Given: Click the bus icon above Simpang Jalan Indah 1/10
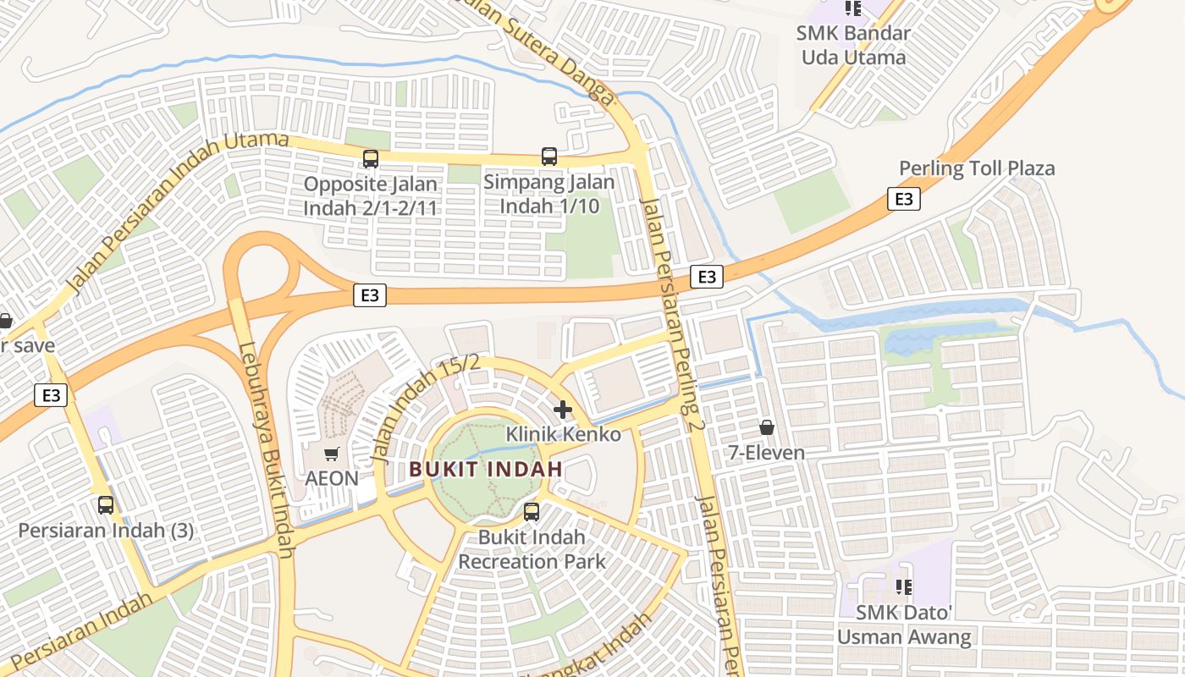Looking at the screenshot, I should [x=549, y=157].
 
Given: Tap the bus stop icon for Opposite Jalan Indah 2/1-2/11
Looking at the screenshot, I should [x=370, y=159].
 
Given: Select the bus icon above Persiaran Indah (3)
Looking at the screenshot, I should [x=106, y=505].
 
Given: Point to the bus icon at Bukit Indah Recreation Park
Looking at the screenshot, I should [x=532, y=512].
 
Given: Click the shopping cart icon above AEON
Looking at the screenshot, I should [x=332, y=454].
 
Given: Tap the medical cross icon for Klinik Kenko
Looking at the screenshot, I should [x=563, y=410].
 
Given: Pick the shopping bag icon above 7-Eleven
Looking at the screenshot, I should [x=767, y=427].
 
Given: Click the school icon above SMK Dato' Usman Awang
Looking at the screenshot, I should [x=903, y=586].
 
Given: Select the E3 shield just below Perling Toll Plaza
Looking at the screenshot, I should [x=904, y=199].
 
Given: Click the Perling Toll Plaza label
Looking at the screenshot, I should [x=977, y=168].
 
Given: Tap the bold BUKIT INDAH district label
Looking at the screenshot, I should [x=486, y=468].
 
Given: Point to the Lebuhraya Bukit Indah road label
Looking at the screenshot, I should [x=266, y=449].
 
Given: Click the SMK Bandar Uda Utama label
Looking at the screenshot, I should [x=853, y=46].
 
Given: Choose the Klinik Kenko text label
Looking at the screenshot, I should [x=563, y=435].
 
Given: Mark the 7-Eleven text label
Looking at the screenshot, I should [x=767, y=453].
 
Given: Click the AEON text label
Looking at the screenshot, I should [x=332, y=478].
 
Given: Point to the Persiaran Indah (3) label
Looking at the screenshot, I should [x=106, y=531].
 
